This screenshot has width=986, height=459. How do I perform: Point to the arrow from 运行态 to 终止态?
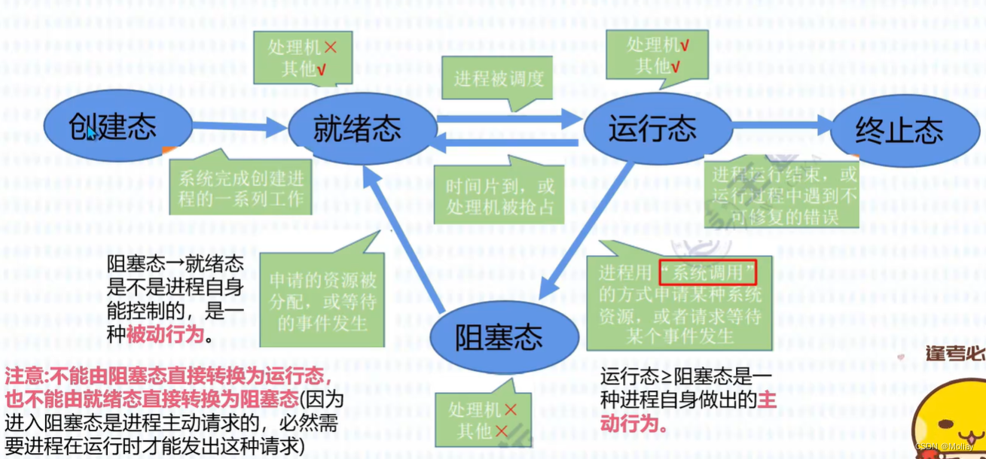(x=783, y=126)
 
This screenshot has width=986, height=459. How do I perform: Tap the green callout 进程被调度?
(x=498, y=78)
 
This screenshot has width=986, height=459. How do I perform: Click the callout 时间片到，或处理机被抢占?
(x=498, y=197)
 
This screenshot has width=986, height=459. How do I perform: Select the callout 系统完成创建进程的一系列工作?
(x=240, y=189)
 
